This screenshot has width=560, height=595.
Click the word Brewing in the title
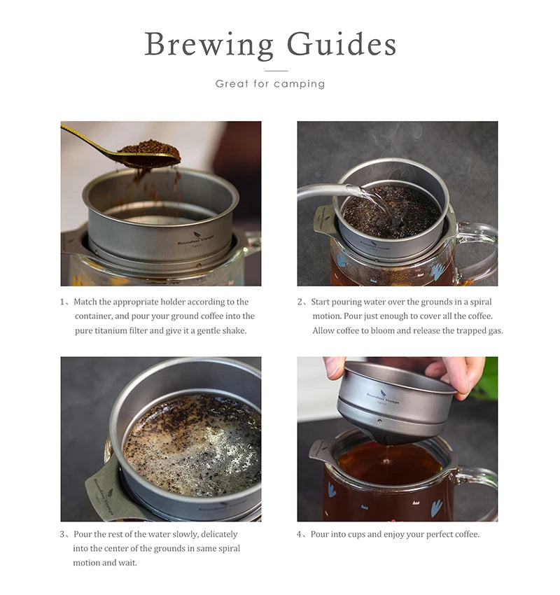209,45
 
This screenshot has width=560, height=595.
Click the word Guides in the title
342,44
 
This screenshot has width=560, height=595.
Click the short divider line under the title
276,71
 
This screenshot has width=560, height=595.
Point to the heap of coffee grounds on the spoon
149,148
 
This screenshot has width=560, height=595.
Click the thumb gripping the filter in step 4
335,367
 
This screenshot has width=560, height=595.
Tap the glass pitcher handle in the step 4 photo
480,489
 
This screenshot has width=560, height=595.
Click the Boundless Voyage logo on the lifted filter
382,397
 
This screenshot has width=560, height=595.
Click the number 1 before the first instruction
62,302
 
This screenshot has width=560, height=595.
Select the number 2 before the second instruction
300,302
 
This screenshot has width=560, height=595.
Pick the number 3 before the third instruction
62,534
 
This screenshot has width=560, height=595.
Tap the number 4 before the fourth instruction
300,534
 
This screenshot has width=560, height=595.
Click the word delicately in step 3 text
219,534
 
